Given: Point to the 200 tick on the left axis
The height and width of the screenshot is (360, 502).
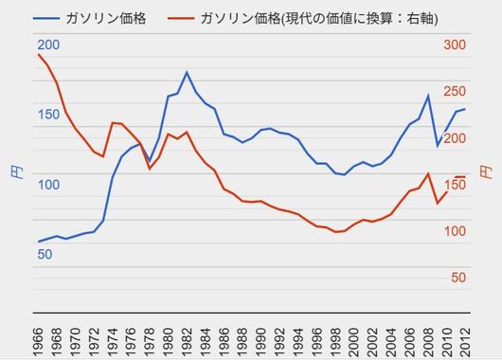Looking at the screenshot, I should [48, 45].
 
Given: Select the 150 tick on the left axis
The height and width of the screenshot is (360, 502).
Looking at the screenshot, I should [48, 115].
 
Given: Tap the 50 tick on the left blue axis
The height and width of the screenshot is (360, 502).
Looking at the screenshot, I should [45, 254].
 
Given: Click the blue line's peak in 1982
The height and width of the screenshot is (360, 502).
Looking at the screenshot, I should [187, 72].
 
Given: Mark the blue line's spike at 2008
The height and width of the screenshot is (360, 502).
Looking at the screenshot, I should [428, 95].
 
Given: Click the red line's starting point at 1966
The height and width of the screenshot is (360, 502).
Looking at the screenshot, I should [38, 54].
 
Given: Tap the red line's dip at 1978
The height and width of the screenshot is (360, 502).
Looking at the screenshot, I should [150, 168].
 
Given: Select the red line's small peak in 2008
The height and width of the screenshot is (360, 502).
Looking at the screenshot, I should [428, 173].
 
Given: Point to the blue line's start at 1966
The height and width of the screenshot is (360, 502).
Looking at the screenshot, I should [38, 242].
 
